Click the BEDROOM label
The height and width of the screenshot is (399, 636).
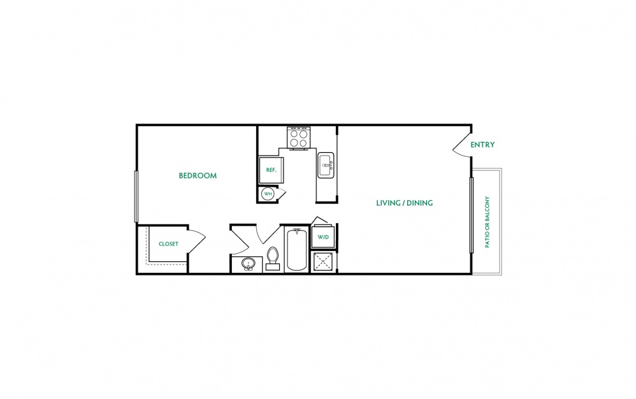pyautogui.click(x=198, y=175)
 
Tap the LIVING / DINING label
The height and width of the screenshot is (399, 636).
pyautogui.click(x=405, y=203)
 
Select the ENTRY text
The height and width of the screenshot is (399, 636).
pyautogui.click(x=482, y=144)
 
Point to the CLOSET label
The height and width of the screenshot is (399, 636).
pyautogui.click(x=168, y=243)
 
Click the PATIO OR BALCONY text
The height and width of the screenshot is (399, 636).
pyautogui.click(x=487, y=222)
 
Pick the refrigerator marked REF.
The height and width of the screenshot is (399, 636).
pyautogui.click(x=271, y=170)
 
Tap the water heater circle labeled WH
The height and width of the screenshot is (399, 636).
pyautogui.click(x=268, y=194)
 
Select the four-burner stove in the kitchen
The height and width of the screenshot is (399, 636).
pyautogui.click(x=299, y=138)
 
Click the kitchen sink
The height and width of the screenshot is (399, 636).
pyautogui.click(x=326, y=164)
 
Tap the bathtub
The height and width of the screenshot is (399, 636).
pyautogui.click(x=296, y=249)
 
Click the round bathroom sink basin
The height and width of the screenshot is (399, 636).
pyautogui.click(x=248, y=264)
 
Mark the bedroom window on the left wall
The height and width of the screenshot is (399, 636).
pyautogui.click(x=136, y=196)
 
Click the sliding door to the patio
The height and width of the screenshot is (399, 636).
pyautogui.click(x=472, y=215)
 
